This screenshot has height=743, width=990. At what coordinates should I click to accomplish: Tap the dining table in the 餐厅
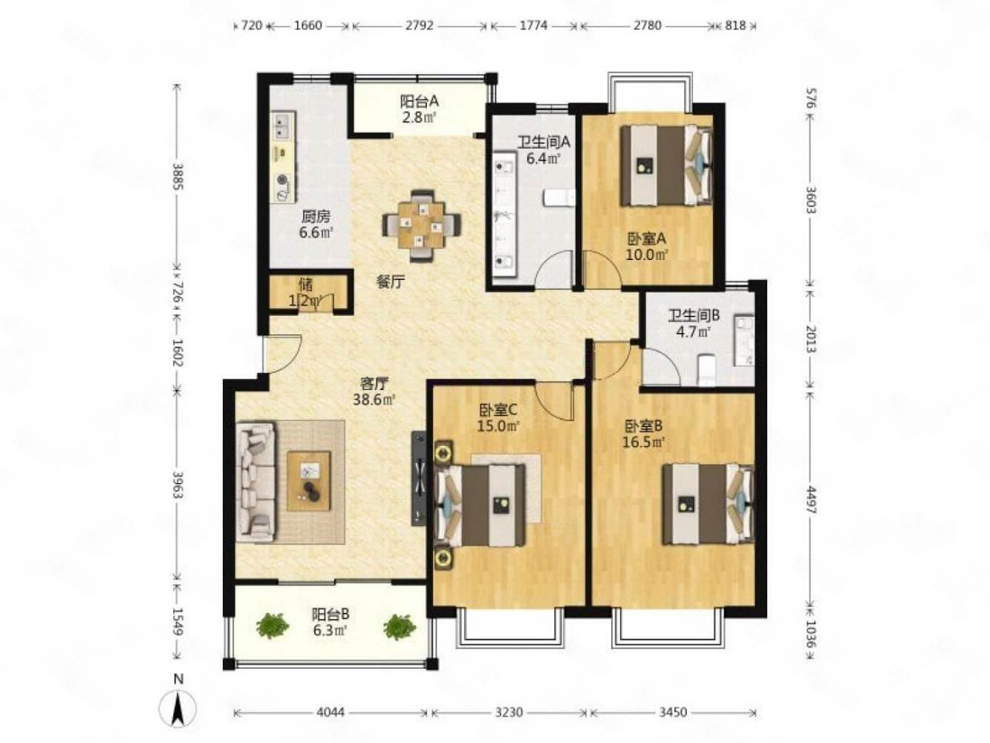(421, 225)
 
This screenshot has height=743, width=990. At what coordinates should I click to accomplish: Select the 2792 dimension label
(419, 25)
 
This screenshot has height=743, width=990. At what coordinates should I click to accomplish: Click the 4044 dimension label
(330, 712)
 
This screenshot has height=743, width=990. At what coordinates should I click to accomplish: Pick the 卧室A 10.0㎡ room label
(646, 247)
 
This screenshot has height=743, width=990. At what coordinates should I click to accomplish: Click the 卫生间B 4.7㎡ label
(693, 323)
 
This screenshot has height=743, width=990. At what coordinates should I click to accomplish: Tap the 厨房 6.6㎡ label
(316, 224)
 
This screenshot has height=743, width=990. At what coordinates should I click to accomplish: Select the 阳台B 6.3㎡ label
(330, 622)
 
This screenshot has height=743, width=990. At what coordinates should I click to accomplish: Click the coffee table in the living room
(309, 481)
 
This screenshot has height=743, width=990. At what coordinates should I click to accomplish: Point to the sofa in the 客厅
(255, 481)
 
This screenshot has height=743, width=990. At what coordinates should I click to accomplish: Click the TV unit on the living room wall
(418, 478)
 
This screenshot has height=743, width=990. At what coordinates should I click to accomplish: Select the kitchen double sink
(283, 127)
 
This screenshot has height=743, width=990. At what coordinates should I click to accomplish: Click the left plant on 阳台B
(272, 625)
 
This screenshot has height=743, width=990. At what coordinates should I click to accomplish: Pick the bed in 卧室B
(708, 504)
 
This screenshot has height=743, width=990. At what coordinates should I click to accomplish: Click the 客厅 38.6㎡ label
(374, 392)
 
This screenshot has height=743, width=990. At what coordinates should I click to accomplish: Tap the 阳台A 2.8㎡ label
(419, 109)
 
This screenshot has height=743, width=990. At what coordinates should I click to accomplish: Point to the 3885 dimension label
(178, 176)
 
